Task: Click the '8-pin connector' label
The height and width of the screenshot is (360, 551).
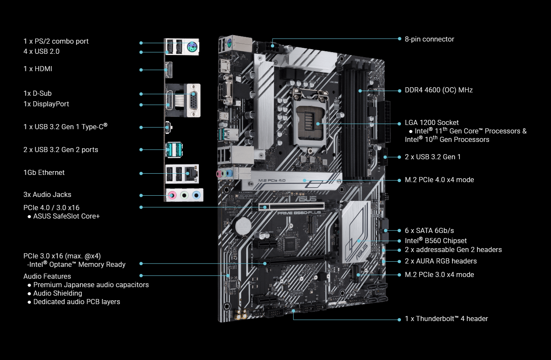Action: coord(429,39)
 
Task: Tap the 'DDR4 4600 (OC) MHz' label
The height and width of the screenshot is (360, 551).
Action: coord(439,90)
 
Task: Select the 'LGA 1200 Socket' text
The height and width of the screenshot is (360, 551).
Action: coord(431,122)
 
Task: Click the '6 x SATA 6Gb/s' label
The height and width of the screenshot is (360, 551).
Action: coord(429,230)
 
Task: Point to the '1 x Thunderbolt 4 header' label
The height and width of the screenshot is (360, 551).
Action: coord(446,318)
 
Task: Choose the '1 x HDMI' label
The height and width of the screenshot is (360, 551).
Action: coord(38,69)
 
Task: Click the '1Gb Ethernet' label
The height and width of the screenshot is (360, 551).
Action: coord(44,172)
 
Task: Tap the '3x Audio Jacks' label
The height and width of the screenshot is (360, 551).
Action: coord(47,195)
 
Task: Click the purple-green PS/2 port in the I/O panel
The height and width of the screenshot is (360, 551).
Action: coord(192,46)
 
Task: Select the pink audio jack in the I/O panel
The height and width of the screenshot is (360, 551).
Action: coord(172,196)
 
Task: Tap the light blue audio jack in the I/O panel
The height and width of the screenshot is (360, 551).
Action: coord(196,196)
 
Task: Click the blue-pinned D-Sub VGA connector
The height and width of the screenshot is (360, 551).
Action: coord(193,100)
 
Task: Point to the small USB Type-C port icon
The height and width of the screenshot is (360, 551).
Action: coord(168,127)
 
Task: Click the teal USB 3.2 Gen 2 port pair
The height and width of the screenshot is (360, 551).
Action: coord(174,150)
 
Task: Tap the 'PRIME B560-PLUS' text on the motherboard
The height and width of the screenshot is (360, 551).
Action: coord(299,213)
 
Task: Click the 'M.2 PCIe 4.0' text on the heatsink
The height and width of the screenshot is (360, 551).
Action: coord(272,180)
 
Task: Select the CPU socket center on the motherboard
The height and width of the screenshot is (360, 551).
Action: coord(310,122)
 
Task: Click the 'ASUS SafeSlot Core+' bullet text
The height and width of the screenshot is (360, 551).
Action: coord(67,216)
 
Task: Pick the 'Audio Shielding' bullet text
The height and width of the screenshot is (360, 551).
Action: coord(58,293)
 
